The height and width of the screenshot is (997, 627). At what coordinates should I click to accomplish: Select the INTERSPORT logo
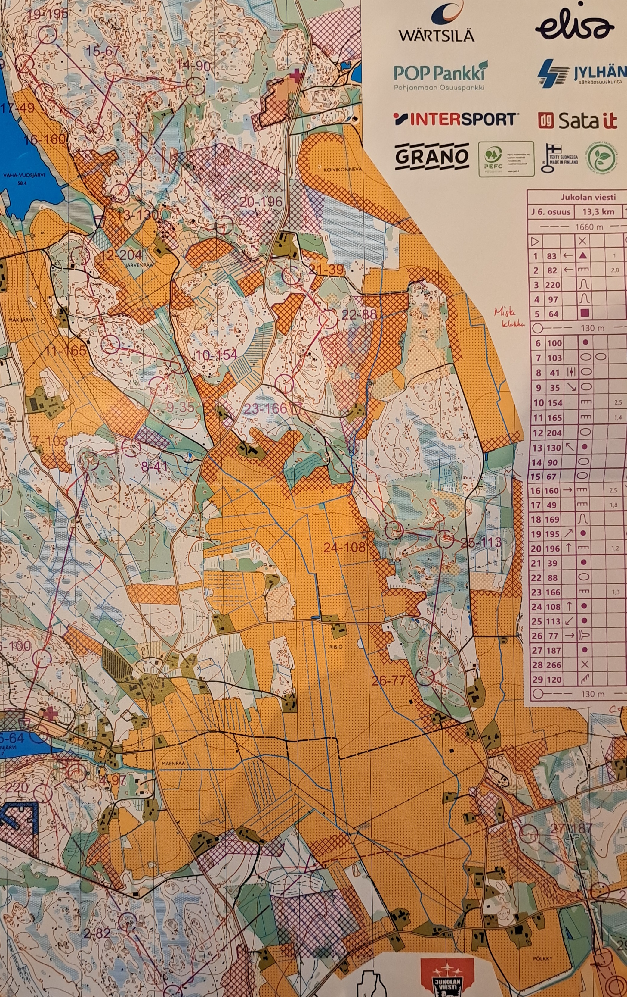click(455, 119)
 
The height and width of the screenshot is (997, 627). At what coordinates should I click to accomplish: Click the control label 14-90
click(193, 65)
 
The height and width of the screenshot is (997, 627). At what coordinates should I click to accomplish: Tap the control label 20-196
click(261, 202)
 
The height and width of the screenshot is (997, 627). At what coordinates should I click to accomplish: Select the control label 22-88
click(359, 314)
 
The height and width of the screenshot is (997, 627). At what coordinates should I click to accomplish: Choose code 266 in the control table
click(553, 665)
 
